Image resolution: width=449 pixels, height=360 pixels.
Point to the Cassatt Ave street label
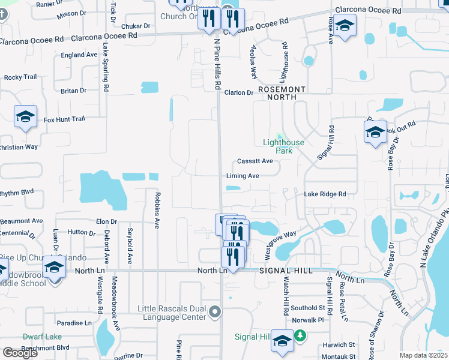pos(255,161)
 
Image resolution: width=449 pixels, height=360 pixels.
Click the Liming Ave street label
pos(243,176)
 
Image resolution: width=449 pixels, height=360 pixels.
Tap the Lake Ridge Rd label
pos(325,194)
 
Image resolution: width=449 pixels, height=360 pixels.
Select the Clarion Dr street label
pos(239,92)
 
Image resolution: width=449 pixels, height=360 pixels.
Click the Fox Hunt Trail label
pos(64,119)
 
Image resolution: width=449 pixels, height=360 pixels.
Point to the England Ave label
pos(79,55)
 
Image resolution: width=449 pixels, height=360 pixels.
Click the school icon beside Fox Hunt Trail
pos(26,117)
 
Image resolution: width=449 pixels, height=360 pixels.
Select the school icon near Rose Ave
pos(345,26)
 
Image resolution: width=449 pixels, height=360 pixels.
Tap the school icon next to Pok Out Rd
pos(375,132)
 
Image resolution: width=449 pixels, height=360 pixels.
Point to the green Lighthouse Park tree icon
pos(279,137)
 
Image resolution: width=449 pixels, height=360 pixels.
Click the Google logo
pos(20,353)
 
